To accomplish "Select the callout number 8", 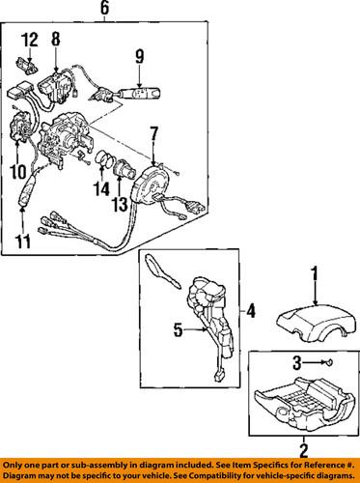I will [x=56, y=40].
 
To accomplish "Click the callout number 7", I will [x=152, y=130].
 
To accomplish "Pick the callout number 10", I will [x=16, y=173].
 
